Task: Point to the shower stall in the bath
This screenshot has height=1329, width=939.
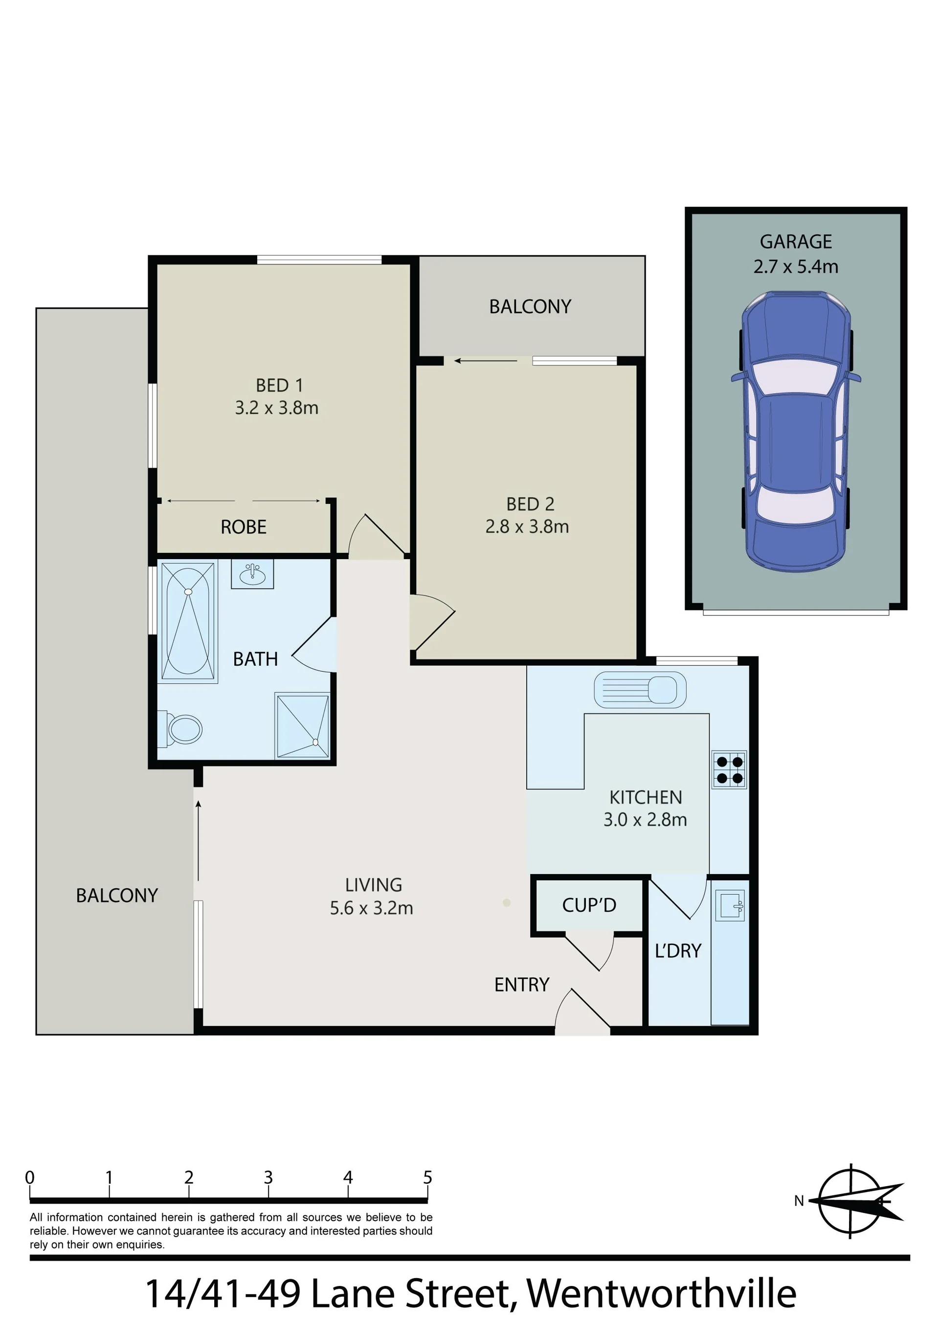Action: click(303, 726)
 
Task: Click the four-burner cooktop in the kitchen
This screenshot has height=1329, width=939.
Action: click(729, 770)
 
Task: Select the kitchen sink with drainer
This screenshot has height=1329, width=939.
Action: click(640, 689)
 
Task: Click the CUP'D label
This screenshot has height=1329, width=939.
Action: click(589, 905)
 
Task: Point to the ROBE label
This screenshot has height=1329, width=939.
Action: click(244, 527)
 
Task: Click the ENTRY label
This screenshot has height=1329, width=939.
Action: click(522, 985)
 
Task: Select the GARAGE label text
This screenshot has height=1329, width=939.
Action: click(796, 241)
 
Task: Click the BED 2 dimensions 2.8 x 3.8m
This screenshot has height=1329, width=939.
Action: click(527, 527)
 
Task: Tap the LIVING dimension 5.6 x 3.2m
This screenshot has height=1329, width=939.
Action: click(372, 908)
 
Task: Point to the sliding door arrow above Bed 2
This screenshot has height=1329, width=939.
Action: click(486, 361)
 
